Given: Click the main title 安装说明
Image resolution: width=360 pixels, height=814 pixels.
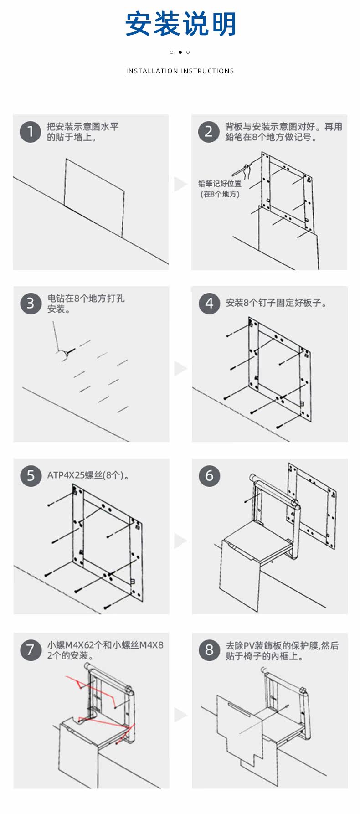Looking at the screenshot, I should tap(180, 24).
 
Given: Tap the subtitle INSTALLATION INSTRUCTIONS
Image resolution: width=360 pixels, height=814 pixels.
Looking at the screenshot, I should tap(180, 71).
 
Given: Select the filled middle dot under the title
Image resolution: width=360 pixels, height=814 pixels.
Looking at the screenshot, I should tap(180, 52).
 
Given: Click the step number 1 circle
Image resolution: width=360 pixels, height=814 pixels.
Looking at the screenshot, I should tap(31, 132).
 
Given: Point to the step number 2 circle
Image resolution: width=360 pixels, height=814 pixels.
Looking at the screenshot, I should tap(209, 132).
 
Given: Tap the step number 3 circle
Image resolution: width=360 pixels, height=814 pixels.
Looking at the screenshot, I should tap(31, 304).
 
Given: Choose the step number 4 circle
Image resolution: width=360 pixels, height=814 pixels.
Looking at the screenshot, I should tap(209, 304).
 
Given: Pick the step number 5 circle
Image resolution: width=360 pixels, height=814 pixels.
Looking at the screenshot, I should tap(31, 475).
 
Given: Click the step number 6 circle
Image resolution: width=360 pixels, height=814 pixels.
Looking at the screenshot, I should tap(209, 475).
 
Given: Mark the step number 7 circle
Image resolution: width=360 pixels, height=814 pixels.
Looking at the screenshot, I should tap(31, 649).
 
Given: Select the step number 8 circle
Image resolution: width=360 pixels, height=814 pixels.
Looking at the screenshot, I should tap(209, 649).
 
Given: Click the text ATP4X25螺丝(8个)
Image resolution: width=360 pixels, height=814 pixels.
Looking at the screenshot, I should tap(88, 475).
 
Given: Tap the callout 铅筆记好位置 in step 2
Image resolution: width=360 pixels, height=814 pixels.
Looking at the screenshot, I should tap(220, 184).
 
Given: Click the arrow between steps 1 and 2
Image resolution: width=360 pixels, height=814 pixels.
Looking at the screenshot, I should tap(180, 184).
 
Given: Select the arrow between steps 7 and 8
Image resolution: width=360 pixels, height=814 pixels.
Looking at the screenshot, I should tap(180, 714).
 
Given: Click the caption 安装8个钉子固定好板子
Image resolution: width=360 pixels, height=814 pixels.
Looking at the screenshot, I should tap(276, 303).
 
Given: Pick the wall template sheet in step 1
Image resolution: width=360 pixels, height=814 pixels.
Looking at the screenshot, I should tap(94, 198).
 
